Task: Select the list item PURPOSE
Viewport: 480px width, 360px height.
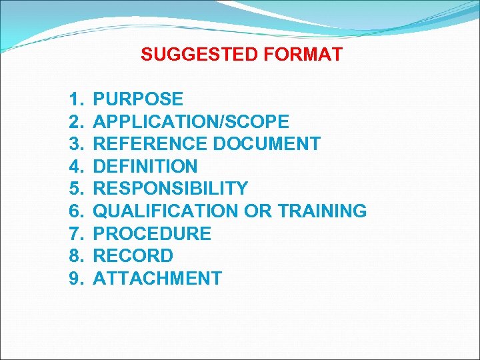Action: click(138, 99)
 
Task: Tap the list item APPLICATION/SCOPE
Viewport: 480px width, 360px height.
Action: click(191, 122)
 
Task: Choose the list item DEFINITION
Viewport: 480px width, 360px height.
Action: click(145, 166)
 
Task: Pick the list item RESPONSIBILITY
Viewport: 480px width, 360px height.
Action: click(171, 189)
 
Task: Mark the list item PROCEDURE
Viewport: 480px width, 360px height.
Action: click(152, 234)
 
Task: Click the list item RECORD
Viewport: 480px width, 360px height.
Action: click(133, 256)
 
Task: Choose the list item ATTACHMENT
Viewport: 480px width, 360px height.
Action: click(157, 279)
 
